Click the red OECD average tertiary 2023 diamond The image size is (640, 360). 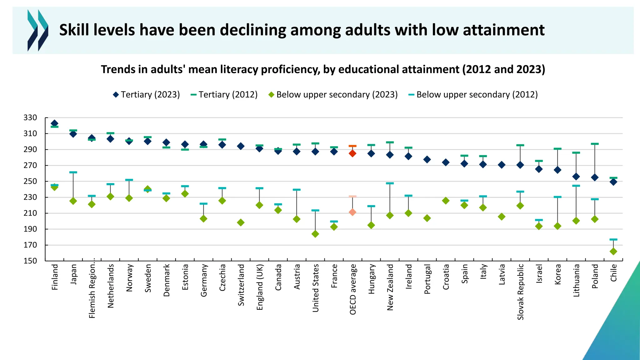352,153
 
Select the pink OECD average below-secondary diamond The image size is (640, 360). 352,212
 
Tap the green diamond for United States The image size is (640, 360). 315,234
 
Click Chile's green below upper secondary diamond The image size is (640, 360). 613,251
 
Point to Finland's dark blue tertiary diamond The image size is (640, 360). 54,123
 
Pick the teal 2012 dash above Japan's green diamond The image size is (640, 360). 73,172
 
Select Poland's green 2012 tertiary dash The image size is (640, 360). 595,144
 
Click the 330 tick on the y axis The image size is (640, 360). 30,118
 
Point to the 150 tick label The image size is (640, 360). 30,261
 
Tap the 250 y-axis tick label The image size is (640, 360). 30,181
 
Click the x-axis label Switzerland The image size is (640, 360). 241,285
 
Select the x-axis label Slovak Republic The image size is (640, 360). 520,292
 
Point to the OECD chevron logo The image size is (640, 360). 38,30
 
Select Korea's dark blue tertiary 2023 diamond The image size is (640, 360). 557,170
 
